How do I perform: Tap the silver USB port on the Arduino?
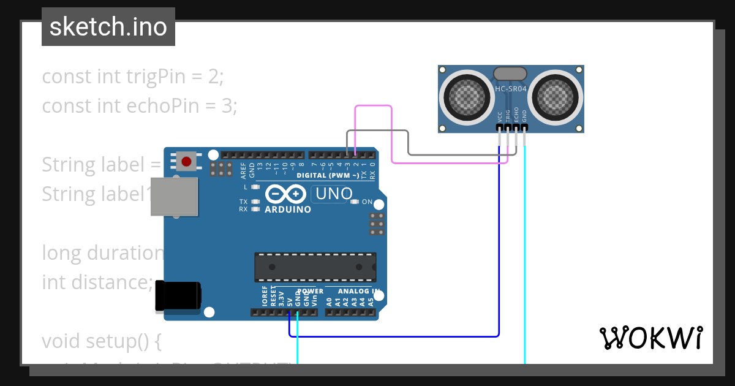pos(175,197)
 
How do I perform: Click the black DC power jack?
pos(177,295)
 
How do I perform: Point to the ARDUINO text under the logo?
pos(287,210)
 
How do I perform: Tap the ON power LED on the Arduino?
pos(355,202)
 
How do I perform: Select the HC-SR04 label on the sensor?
pos(510,89)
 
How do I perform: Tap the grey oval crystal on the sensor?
pos(510,73)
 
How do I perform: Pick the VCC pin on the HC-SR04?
pos(500,127)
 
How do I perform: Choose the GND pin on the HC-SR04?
pos(524,127)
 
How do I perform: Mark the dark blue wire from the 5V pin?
pos(392,336)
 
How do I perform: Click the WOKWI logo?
pos(650,338)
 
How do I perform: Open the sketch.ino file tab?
pos(108,27)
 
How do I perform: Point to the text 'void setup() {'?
pos(101,341)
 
